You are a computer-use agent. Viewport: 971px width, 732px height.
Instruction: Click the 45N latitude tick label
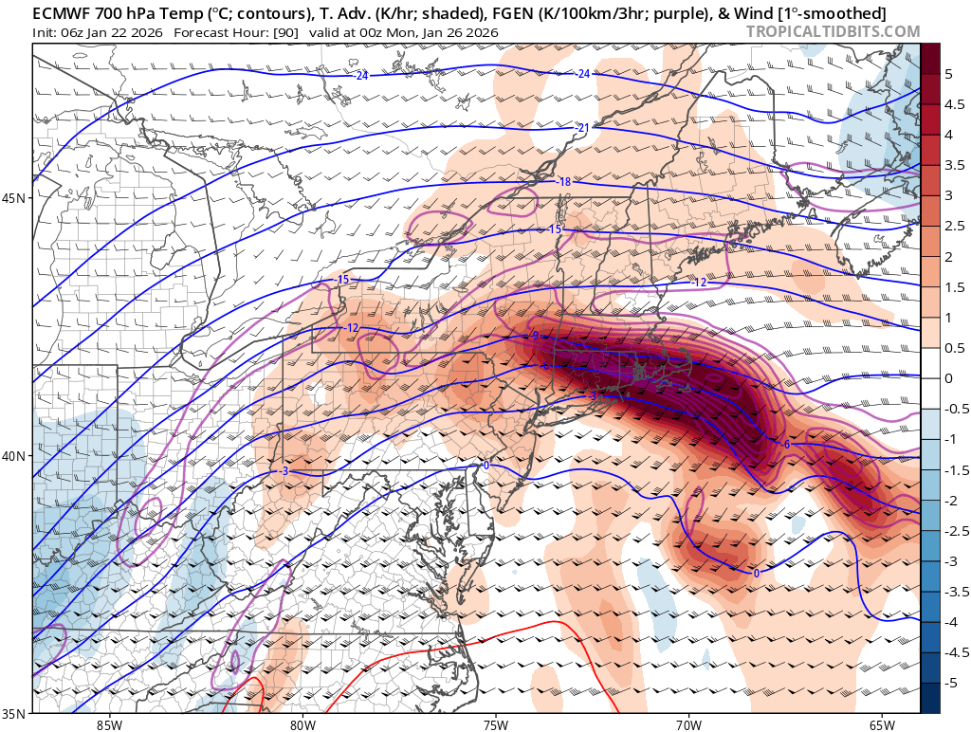(14, 198)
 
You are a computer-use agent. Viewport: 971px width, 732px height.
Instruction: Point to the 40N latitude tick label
(14, 456)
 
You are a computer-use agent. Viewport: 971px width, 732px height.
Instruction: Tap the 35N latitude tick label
(14, 713)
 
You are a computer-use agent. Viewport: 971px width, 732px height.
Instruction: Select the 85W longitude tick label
(109, 724)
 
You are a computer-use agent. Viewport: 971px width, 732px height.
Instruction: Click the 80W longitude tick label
(302, 724)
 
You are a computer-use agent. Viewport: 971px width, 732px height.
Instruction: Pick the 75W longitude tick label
(495, 724)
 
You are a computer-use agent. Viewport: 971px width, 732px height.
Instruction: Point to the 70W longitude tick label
(688, 724)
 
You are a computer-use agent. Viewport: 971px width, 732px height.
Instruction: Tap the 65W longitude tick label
(882, 724)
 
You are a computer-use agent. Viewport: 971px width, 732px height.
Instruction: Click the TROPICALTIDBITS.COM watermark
(833, 31)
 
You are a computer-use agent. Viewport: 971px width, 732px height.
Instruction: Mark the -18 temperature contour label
(563, 182)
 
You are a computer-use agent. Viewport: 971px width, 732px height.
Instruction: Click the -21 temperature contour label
(583, 128)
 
